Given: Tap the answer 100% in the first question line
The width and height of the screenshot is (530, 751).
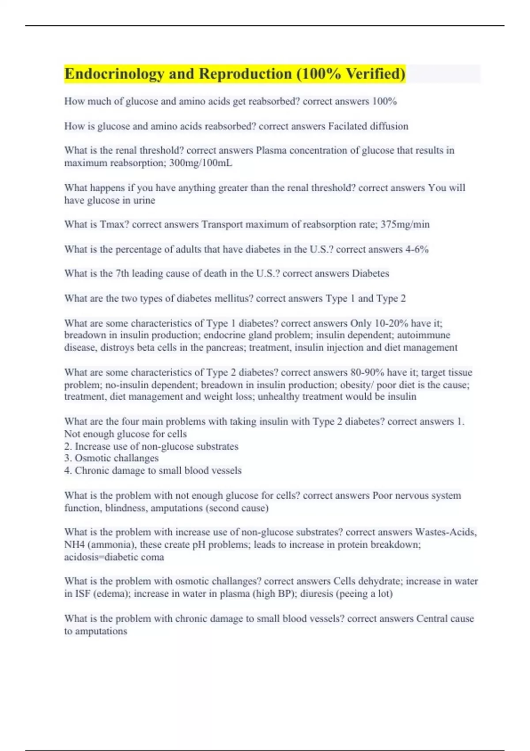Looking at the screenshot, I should coord(384,102).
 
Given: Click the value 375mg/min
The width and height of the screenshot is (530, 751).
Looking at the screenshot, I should coord(405,224).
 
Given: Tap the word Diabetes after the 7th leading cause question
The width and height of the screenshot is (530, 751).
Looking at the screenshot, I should coord(370,273).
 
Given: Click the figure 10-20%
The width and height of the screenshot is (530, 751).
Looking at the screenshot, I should coord(394,323).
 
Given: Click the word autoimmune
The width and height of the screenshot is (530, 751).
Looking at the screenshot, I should coord(424,335).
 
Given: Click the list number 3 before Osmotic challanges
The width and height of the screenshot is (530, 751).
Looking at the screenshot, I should coord(68,458).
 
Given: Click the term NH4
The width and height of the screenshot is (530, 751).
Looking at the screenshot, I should coord(74,545).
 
